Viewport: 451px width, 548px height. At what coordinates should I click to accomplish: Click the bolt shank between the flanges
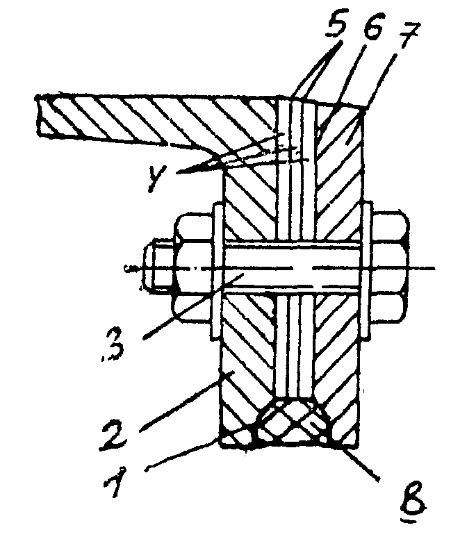292,267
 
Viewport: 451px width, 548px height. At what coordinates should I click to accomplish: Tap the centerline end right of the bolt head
431,267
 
